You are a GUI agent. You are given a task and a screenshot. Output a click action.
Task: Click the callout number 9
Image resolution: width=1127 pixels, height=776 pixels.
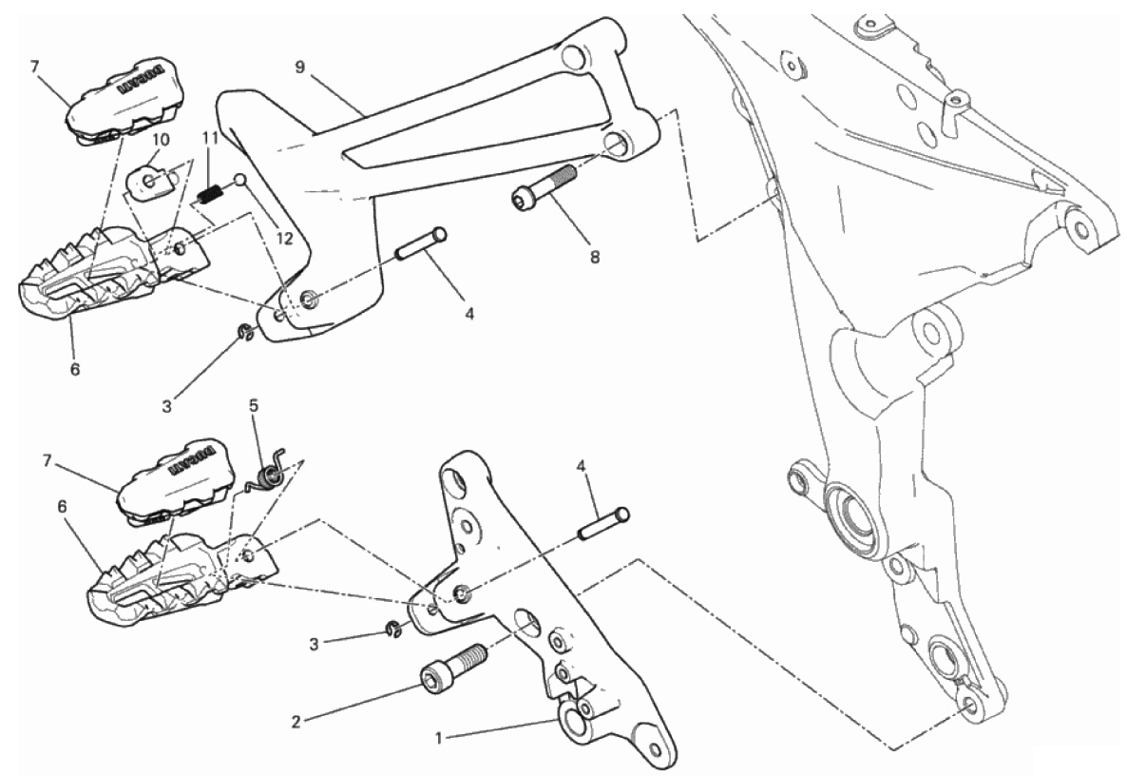click(299, 67)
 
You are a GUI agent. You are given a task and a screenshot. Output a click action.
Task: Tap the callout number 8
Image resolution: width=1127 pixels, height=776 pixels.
click(595, 256)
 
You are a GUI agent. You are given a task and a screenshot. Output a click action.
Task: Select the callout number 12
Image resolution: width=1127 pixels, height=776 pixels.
click(285, 239)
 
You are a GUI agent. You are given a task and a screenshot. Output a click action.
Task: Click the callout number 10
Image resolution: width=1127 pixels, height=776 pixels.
click(161, 140)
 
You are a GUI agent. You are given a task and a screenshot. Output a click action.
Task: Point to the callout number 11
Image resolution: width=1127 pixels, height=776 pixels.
click(209, 137)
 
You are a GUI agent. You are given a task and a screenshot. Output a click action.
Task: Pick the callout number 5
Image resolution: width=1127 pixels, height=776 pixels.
click(253, 406)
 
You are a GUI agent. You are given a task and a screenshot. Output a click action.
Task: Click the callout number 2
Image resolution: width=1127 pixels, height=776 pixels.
click(296, 722)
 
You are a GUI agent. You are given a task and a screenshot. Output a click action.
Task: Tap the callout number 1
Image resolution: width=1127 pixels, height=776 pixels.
click(438, 738)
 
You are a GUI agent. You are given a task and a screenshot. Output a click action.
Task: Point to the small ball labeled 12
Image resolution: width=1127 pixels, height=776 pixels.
click(240, 179)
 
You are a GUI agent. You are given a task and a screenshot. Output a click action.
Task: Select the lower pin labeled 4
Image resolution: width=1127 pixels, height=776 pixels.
click(604, 525)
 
